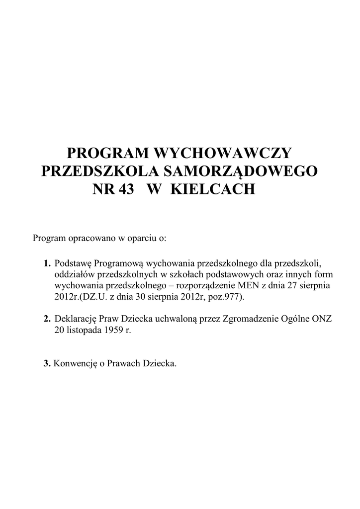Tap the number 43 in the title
click(127, 189)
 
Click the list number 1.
click(47, 262)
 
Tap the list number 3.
click(47, 363)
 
